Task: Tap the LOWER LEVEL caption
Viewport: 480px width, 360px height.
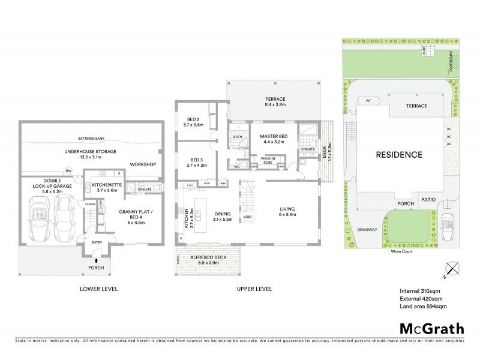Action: pyautogui.click(x=99, y=289)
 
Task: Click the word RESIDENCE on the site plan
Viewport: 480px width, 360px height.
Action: pyautogui.click(x=399, y=155)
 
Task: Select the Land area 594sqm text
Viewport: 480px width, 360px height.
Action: pyautogui.click(x=423, y=307)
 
